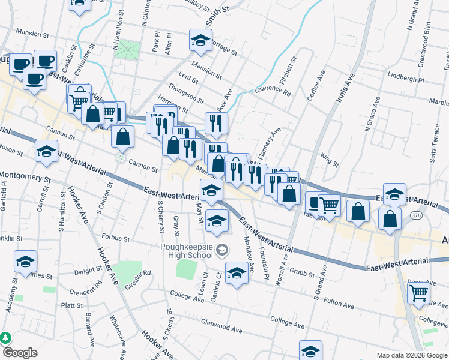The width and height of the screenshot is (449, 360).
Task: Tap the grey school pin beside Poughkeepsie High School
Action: (222, 249)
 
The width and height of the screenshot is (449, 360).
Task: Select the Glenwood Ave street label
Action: (221, 329)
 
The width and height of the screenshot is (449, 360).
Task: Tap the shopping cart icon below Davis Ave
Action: (418, 293)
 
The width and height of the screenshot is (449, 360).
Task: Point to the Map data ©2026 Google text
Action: (412, 355)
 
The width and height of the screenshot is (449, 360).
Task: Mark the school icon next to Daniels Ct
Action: (237, 274)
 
